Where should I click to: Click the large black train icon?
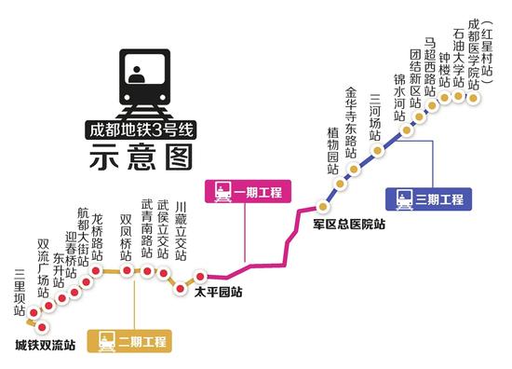(141, 75)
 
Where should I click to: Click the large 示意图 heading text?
(141, 158)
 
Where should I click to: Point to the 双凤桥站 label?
(125, 233)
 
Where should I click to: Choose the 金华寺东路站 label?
(351, 121)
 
